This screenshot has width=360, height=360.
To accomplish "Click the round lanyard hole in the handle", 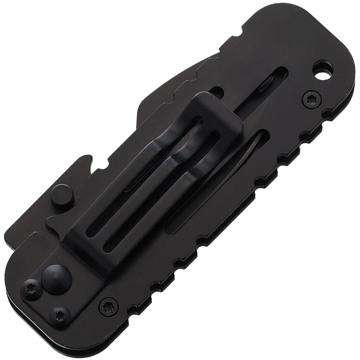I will (323, 71).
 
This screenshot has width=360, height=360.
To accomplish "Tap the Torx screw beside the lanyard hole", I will (311, 100).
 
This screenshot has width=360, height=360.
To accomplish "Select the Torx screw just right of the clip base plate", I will (108, 306).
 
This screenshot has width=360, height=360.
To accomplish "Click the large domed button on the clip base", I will (57, 279).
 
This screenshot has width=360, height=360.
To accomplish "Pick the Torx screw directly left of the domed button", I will (32, 290).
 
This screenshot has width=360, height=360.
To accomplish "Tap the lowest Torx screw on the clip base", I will (60, 316).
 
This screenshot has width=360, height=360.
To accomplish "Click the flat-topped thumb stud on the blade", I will (62, 196).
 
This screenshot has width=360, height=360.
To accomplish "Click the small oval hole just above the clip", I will (216, 92).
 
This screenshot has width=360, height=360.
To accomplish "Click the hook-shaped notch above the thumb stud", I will (86, 163).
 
